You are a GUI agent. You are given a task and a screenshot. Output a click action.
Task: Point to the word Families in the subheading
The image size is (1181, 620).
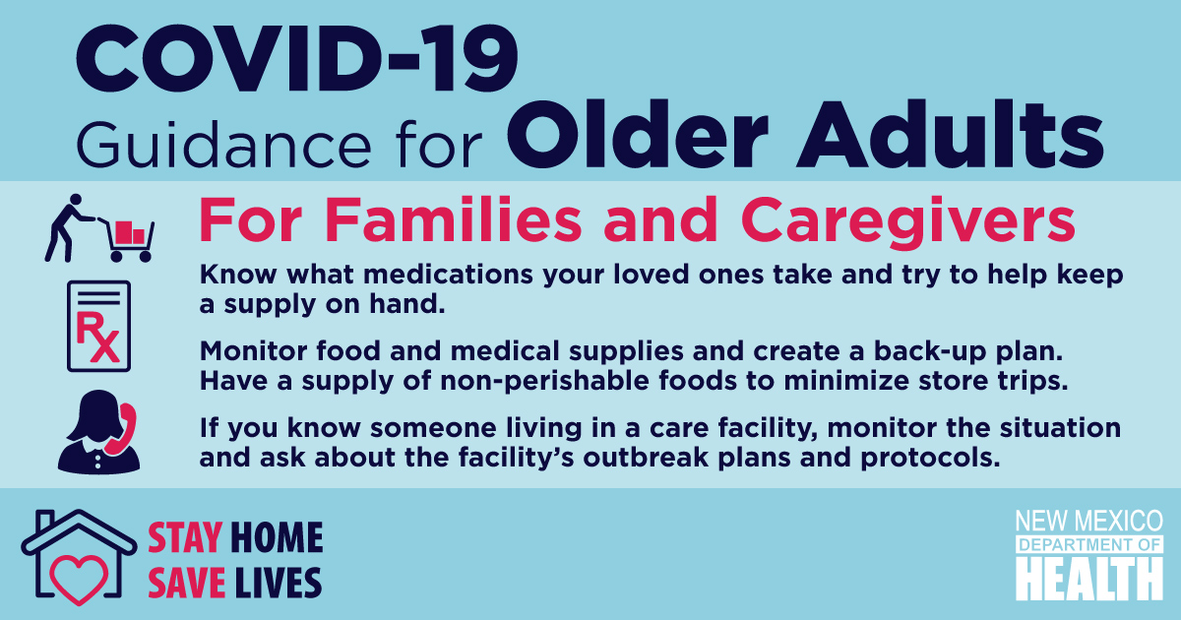tap(454, 218)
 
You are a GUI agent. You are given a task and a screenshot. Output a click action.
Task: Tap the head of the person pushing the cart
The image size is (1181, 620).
tap(76, 201)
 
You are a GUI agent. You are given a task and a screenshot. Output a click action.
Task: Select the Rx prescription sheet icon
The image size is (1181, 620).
tap(98, 327)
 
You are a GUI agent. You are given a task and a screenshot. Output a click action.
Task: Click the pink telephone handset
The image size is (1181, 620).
tap(122, 429)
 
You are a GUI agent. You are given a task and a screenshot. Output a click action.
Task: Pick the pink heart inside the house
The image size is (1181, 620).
tap(79, 579)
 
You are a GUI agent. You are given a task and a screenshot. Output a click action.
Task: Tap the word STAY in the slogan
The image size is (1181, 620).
tap(185, 537)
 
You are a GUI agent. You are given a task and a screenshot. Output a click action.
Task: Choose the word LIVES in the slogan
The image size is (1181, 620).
tap(278, 583)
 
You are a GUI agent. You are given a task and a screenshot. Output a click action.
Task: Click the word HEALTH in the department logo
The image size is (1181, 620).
tap(1089, 578)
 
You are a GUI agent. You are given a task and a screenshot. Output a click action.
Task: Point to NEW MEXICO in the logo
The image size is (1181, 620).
tap(1089, 521)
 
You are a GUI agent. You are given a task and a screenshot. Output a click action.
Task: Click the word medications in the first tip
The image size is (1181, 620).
tap(448, 275)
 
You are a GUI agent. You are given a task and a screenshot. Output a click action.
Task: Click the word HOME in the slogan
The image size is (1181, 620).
tap(277, 537)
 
